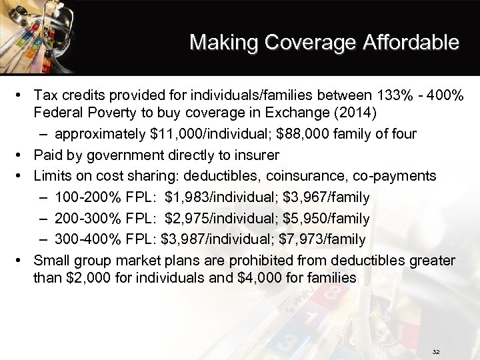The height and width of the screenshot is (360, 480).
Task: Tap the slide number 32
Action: [437, 351]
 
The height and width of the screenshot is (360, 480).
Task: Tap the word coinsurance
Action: [301, 175]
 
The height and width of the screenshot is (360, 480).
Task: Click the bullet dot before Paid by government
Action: [23, 155]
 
